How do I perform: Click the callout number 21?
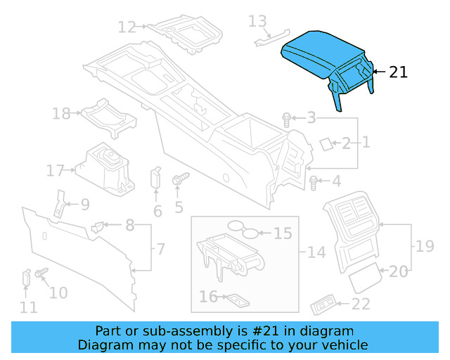click(398, 72)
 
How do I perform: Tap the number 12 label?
click(127, 27)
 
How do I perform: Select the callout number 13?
click(257, 22)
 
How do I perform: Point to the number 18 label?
click(61, 113)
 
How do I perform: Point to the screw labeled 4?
click(314, 183)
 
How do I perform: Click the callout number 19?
click(425, 246)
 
